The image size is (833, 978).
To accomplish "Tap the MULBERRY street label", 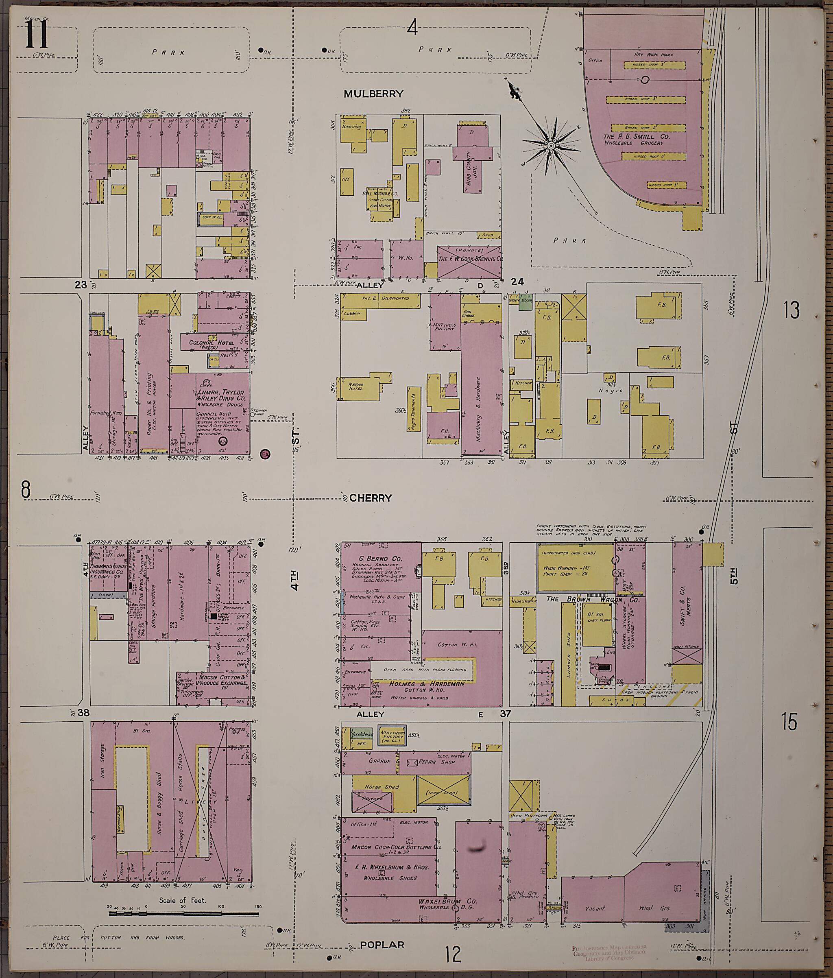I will tap(373, 94).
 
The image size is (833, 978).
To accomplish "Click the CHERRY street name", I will tap(371, 498).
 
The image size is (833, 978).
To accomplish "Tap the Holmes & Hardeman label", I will tap(426, 683).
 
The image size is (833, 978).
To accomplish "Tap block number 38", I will tap(83, 712).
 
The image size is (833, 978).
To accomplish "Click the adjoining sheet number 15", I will tap(789, 722).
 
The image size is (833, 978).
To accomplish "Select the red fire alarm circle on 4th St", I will tap(265, 454).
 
